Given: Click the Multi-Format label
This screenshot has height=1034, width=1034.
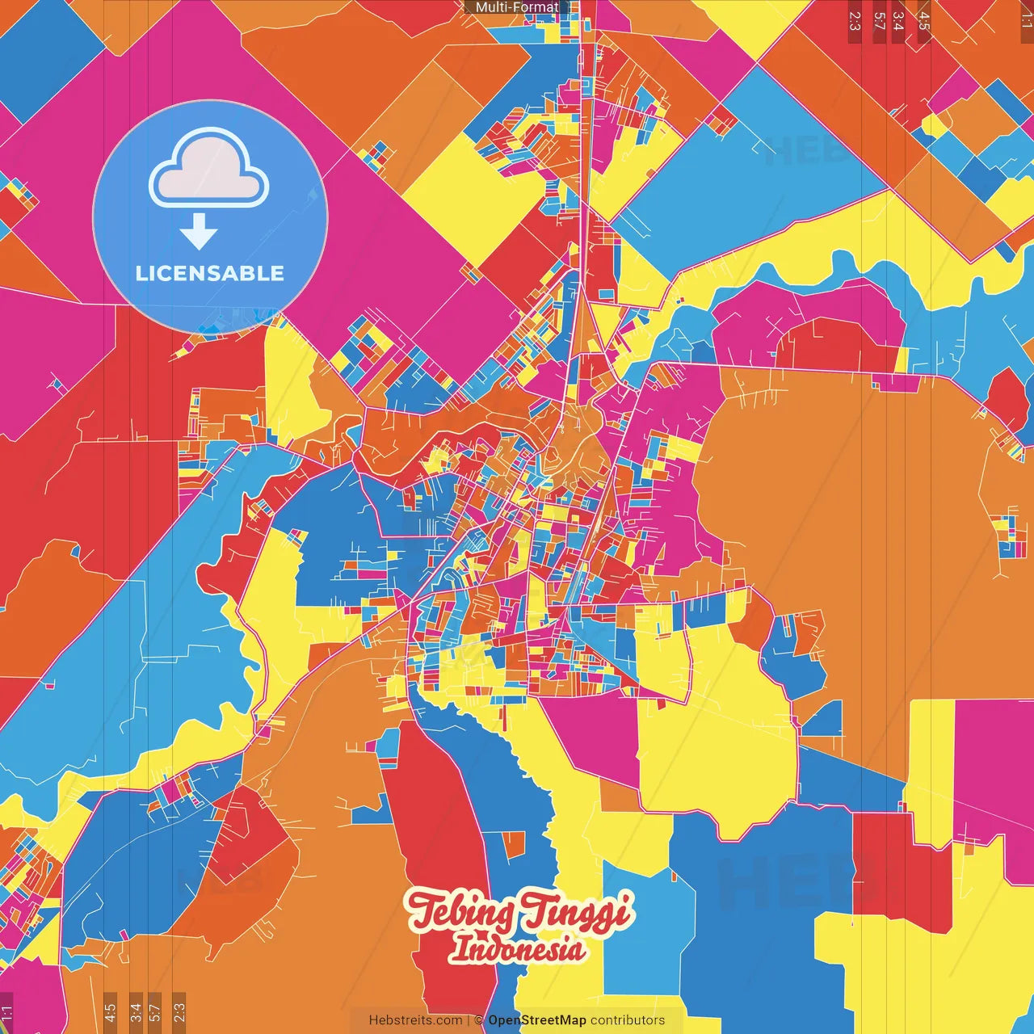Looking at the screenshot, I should click(517, 7).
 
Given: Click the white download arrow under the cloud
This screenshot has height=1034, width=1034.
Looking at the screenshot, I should click(199, 231).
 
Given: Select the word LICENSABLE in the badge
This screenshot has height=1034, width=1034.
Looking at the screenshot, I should click(209, 273).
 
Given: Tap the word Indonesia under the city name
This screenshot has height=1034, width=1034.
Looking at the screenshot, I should click(517, 948).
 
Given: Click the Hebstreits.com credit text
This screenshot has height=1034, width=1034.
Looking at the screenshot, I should click(415, 1020).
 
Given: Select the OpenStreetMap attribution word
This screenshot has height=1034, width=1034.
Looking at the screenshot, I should click(537, 1020).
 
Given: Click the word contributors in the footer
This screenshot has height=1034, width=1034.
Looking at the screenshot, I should click(628, 1020).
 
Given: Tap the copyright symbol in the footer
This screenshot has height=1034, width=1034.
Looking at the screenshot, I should click(479, 1020).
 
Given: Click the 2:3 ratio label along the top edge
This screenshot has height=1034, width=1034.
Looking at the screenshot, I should click(855, 20).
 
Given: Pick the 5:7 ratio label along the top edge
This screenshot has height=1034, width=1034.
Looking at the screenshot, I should click(879, 20).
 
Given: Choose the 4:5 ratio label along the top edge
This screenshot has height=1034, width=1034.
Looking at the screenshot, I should click(924, 20).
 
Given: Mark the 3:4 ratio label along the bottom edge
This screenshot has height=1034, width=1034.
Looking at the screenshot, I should click(136, 1011).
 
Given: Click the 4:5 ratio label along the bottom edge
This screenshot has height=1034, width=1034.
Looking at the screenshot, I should click(110, 1011).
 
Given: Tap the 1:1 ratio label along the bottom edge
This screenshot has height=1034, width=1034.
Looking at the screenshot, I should click(7, 1013).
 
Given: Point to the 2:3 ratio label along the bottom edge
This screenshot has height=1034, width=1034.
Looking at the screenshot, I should click(179, 1011).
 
